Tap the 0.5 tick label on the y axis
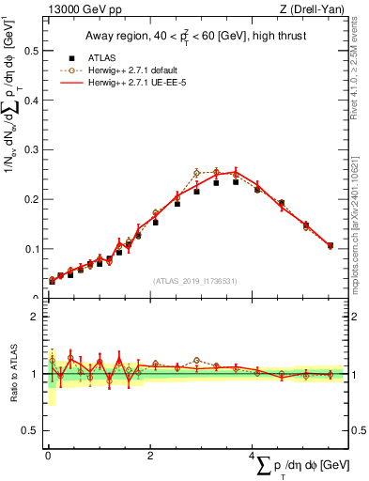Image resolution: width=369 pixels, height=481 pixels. [x=31, y=49]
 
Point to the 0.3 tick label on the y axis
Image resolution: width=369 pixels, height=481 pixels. [x=31, y=149]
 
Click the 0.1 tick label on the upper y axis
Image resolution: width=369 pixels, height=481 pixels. [x=31, y=249]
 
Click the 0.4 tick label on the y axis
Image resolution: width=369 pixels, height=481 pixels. [x=31, y=99]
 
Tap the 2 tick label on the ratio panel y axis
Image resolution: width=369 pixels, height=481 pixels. [x=34, y=317]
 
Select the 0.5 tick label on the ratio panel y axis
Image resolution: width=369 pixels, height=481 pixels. [x=31, y=431]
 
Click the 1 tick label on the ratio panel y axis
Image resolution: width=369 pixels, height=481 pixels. [x=34, y=374]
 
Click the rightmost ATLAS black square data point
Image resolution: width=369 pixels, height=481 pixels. [x=330, y=246]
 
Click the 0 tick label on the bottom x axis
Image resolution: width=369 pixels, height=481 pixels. [x=48, y=456]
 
